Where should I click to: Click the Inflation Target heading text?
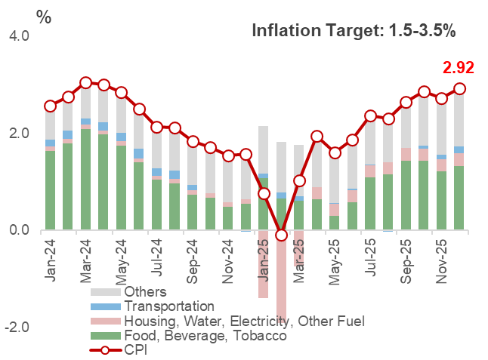coord(353,31)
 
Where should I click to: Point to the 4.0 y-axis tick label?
coord(19,36)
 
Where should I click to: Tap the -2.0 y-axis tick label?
coord(17,328)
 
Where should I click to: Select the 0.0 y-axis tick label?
coord(19,230)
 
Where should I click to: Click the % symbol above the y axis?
coord(44,17)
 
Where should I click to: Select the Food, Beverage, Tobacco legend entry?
coord(205,336)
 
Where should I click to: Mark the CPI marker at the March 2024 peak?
coord(85,83)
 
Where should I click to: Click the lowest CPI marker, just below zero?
coord(282,235)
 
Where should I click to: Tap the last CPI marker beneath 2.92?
coord(459,89)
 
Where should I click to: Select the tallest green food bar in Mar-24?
coord(85,179)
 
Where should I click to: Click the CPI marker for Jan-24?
coord(51,106)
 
